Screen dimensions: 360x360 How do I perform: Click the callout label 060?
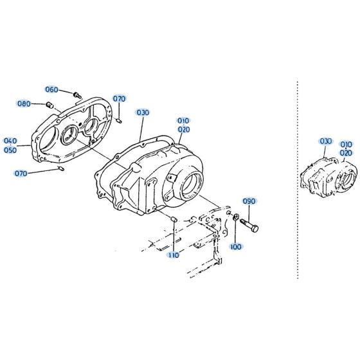51,89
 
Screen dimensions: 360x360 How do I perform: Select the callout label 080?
24,104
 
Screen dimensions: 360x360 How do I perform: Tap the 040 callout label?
10,141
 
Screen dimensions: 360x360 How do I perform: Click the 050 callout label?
10,150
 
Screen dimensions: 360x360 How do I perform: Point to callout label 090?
249,201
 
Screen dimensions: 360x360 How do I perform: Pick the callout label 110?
173,255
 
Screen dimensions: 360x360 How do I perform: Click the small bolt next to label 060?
77,95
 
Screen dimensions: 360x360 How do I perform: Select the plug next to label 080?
50,104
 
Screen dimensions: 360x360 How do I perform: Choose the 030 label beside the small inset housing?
325,141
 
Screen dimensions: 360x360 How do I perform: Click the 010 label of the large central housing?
184,120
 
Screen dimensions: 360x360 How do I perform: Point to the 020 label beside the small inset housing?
346,153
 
